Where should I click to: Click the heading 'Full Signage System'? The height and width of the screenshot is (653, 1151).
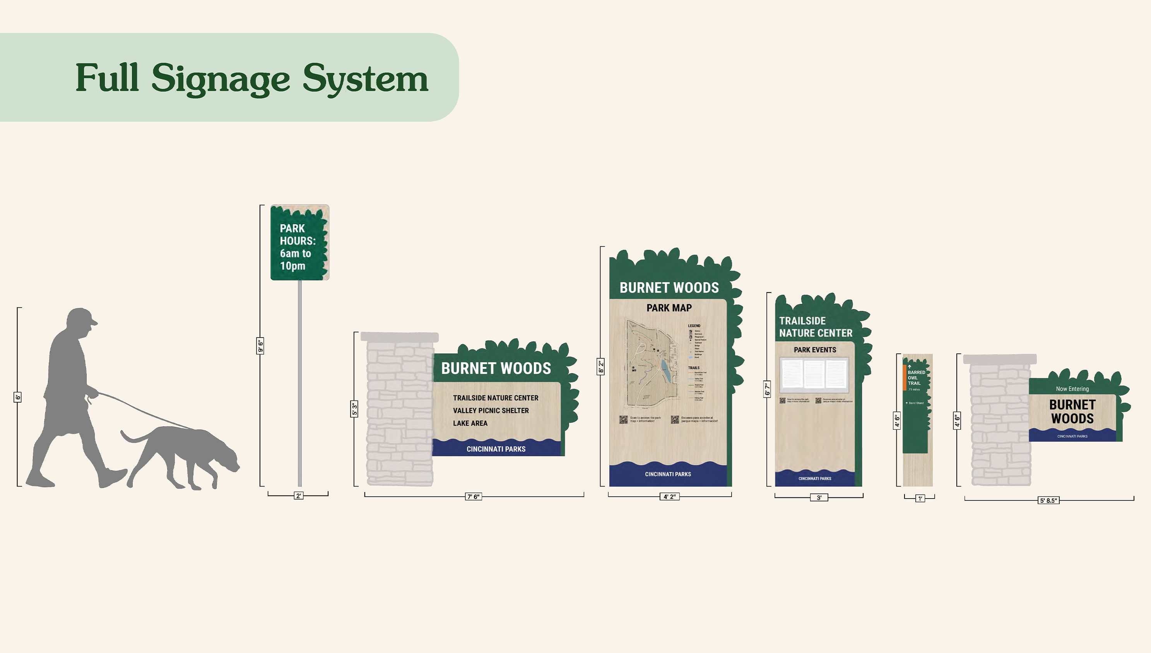pyautogui.click(x=252, y=78)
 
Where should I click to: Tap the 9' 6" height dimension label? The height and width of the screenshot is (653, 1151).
pyautogui.click(x=260, y=345)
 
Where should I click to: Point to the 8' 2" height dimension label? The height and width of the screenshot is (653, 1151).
pyautogui.click(x=600, y=367)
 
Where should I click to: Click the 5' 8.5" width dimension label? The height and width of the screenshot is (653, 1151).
pyautogui.click(x=1048, y=500)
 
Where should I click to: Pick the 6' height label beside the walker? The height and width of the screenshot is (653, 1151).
pyautogui.click(x=17, y=397)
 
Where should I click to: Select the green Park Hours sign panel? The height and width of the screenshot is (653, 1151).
pyautogui.click(x=299, y=243)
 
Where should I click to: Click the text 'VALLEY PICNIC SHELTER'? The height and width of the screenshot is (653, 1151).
pyautogui.click(x=491, y=410)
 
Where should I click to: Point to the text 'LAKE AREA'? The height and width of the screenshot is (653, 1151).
pyautogui.click(x=470, y=423)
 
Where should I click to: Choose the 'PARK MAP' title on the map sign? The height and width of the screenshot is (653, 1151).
pyautogui.click(x=669, y=308)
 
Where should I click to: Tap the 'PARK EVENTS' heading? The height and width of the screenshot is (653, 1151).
pyautogui.click(x=815, y=350)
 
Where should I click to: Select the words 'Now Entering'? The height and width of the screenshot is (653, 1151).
pyautogui.click(x=1072, y=389)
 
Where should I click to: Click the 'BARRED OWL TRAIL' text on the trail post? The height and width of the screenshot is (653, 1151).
pyautogui.click(x=916, y=378)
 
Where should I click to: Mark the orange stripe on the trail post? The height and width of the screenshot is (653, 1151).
pyautogui.click(x=905, y=378)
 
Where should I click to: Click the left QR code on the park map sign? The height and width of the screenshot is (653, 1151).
pyautogui.click(x=623, y=420)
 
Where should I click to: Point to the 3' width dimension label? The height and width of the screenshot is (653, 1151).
pyautogui.click(x=819, y=497)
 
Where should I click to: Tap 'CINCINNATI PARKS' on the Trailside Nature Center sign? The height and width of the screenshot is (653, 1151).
pyautogui.click(x=815, y=478)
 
